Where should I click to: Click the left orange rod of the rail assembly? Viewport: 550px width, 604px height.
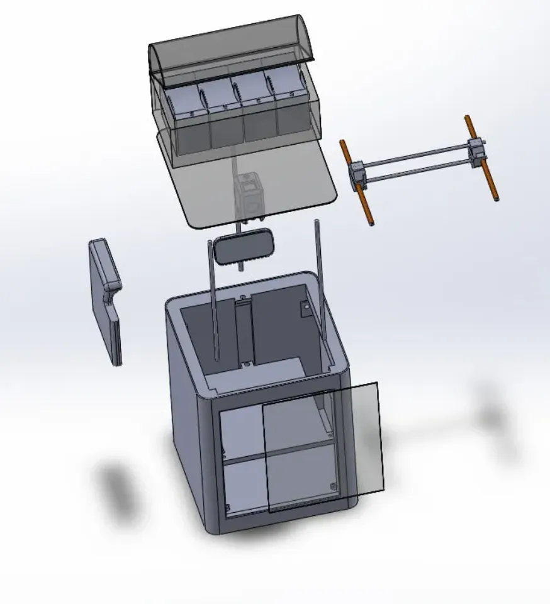(x=357, y=182)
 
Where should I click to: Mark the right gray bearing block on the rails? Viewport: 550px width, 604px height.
(x=478, y=150)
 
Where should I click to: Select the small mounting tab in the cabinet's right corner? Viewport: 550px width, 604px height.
(x=305, y=308)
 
